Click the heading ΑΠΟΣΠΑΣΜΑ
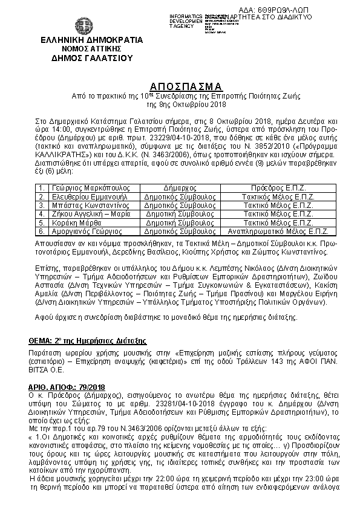point(179,85)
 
